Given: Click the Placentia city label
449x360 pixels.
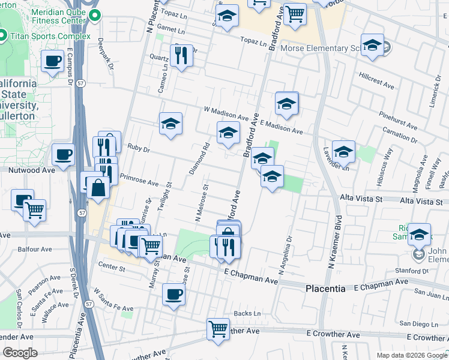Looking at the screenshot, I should coord(325,289).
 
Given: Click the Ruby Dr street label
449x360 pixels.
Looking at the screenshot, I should coord(137,146).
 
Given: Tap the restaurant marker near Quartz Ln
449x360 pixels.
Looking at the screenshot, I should coord(181,56).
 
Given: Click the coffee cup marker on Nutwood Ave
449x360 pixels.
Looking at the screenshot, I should coord(63,155).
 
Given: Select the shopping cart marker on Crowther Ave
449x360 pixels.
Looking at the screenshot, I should coord(218,328).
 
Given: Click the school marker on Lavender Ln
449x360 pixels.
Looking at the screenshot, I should coord(343,151).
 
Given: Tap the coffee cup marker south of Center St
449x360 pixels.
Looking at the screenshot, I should coord(173,294).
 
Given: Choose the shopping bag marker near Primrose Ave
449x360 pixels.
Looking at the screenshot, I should coord(97,187).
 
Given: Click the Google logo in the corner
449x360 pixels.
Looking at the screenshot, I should coord(20,353).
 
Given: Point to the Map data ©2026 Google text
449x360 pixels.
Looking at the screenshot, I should coord(411,355).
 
